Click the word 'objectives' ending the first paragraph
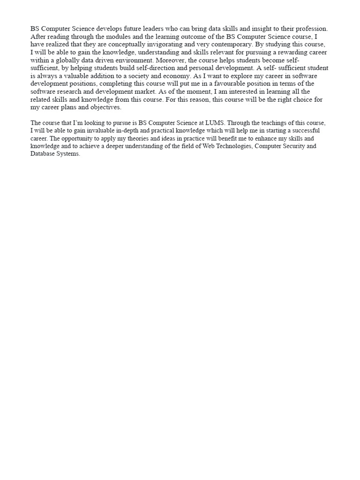[x=105, y=107]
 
